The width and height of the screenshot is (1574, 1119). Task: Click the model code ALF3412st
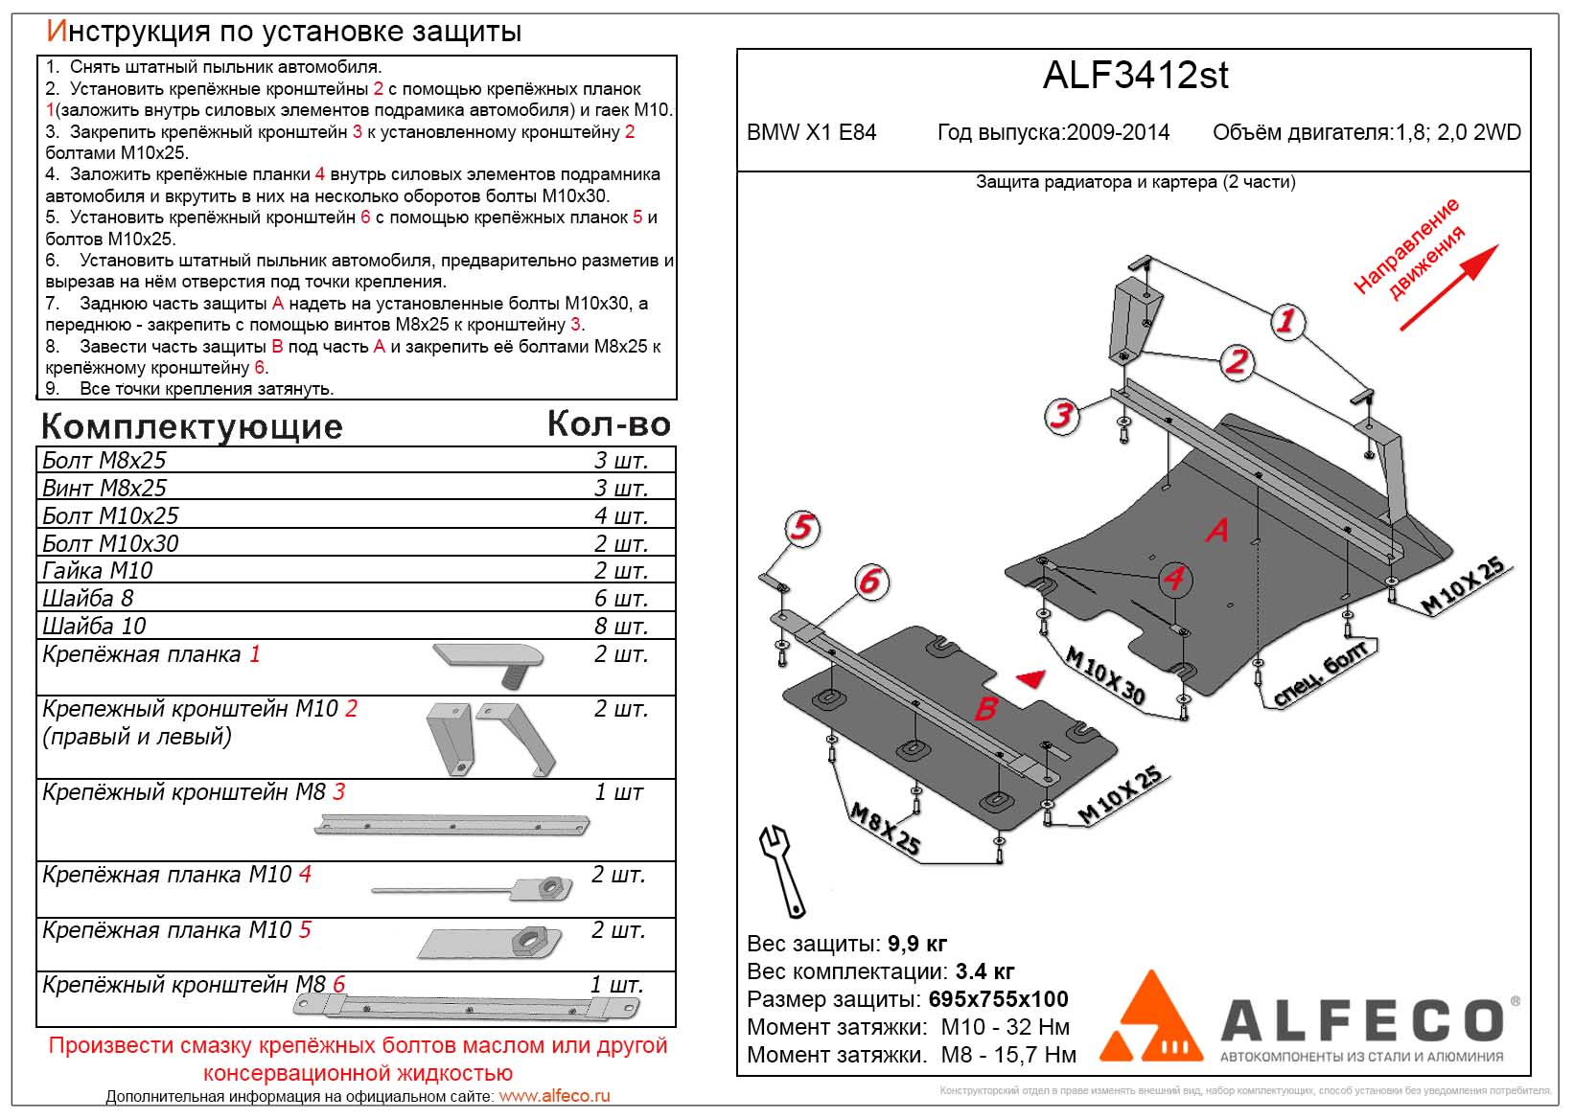[1135, 76]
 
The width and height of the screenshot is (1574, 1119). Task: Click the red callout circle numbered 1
[1285, 321]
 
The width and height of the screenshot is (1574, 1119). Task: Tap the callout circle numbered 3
[1061, 416]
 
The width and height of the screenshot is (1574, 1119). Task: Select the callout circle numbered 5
[801, 528]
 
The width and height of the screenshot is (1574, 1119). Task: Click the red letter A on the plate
[1217, 530]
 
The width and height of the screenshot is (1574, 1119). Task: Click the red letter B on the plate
[985, 709]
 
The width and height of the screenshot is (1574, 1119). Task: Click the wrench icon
[781, 868]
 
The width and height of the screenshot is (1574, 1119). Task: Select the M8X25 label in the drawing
[885, 829]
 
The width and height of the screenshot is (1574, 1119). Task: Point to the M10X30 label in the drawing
[1105, 675]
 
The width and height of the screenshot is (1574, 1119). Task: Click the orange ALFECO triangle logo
[1149, 1017]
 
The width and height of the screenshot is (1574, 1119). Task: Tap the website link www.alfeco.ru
[554, 1096]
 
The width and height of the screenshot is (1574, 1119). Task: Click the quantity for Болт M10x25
[620, 515]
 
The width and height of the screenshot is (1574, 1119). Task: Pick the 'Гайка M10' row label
[98, 571]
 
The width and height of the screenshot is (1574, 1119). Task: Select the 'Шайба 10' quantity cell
[620, 626]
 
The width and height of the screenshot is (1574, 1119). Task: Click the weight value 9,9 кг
[917, 944]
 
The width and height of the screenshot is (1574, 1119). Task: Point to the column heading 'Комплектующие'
[192, 426]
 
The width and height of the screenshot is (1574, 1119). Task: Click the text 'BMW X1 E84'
[811, 132]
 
